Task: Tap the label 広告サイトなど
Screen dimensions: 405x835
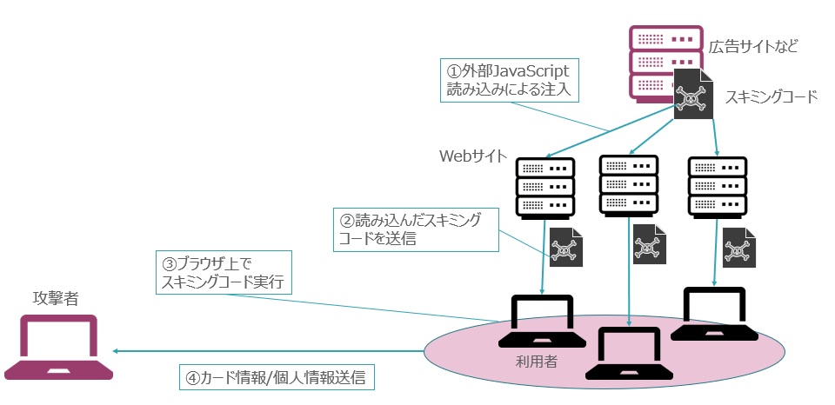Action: [753, 46]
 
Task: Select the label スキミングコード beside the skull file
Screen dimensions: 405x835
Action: [772, 96]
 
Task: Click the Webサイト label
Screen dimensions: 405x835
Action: [471, 156]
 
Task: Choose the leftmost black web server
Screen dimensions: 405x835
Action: [544, 186]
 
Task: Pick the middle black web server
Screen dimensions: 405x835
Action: [628, 184]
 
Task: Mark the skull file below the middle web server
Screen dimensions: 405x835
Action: [648, 244]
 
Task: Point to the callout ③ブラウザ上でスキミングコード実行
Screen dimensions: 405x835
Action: [224, 273]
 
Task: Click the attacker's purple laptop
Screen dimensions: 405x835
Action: [58, 348]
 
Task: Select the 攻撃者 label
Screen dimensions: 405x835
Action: [54, 299]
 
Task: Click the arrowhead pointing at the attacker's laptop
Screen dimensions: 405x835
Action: [117, 351]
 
